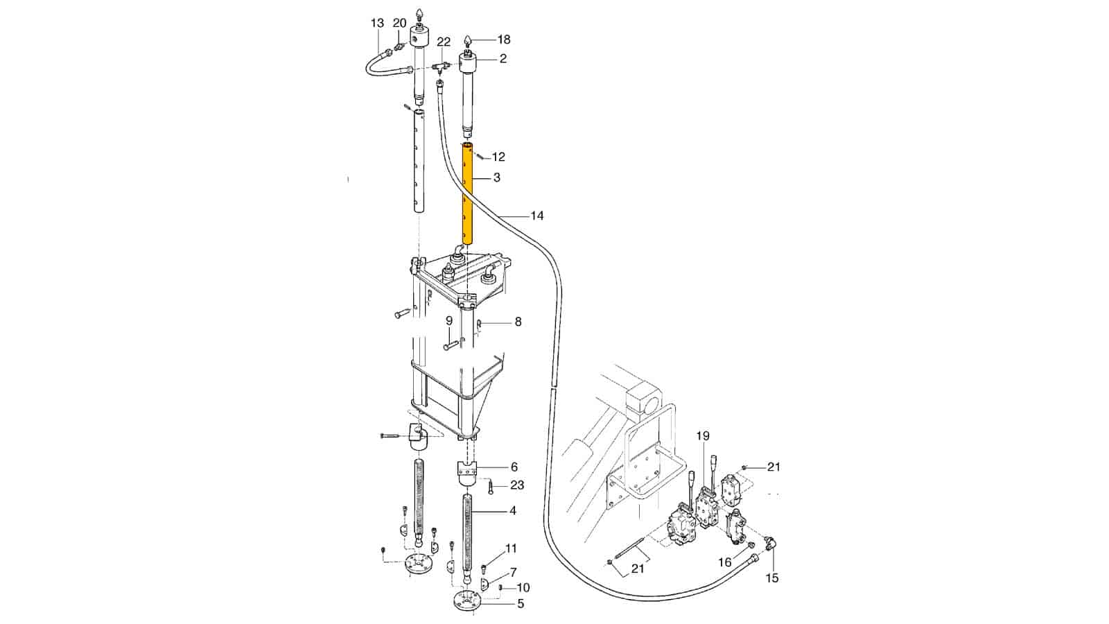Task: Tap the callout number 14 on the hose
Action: (x=536, y=216)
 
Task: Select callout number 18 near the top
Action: (x=503, y=40)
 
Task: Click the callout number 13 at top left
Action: (x=377, y=24)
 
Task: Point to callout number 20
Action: (x=400, y=24)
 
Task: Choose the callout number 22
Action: (x=444, y=42)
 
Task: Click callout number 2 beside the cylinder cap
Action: (x=503, y=59)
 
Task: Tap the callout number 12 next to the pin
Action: (x=498, y=157)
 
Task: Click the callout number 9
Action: (x=449, y=320)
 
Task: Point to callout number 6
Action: (x=514, y=467)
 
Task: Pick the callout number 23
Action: (x=517, y=485)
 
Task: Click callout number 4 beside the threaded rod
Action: (x=512, y=511)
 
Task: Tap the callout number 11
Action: (x=511, y=549)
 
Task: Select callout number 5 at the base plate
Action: (x=520, y=604)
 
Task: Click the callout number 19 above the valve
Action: (x=703, y=436)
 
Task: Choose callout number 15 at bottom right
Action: (x=771, y=578)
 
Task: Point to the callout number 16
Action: (x=724, y=562)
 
